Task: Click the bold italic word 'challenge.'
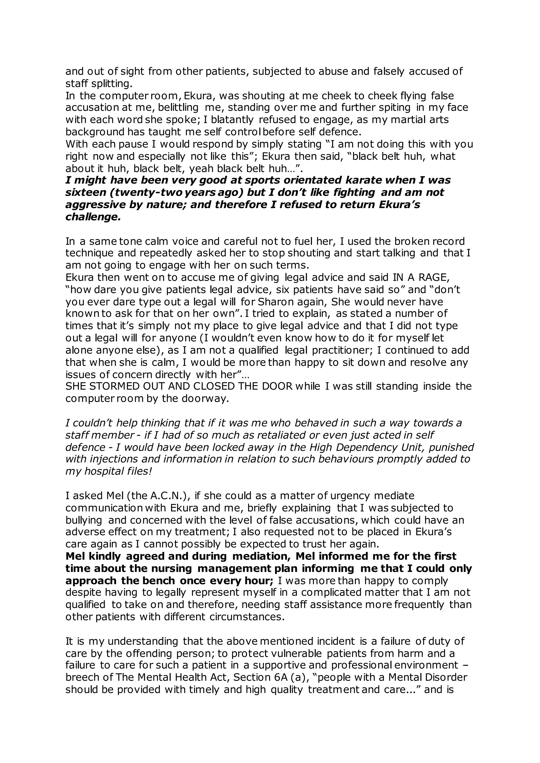pyautogui.click(x=93, y=217)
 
